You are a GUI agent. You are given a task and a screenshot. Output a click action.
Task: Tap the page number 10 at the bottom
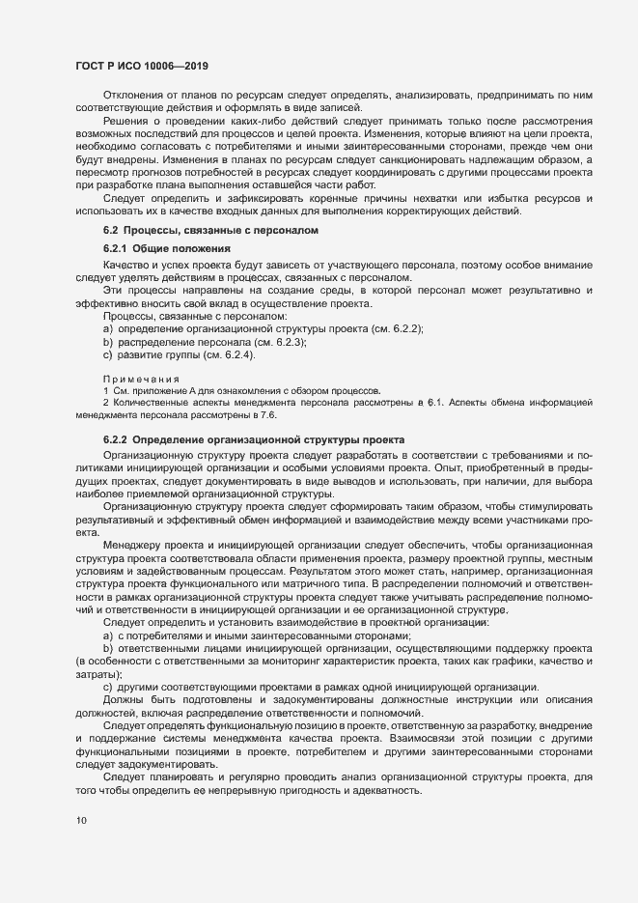[81, 821]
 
